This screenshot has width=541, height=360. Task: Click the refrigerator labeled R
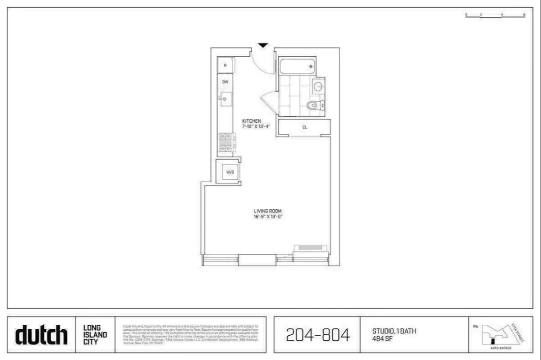tap(226, 65)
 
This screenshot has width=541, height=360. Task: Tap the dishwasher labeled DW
tap(225, 82)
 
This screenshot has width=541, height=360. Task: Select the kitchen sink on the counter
tap(225, 98)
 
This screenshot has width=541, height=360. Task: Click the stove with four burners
tap(226, 142)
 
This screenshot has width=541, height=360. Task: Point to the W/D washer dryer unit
tap(228, 172)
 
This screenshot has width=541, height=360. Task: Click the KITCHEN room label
tap(251, 121)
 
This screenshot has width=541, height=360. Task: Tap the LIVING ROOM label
tap(268, 211)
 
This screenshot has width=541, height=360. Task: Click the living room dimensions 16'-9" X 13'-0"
tap(268, 216)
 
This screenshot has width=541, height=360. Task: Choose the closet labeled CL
tap(304, 128)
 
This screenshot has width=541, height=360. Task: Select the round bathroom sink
tap(319, 86)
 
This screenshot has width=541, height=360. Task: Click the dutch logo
tap(42, 335)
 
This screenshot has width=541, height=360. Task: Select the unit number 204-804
tap(318, 335)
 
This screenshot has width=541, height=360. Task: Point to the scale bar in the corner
tap(495, 16)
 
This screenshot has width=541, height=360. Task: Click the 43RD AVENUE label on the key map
tap(501, 348)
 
